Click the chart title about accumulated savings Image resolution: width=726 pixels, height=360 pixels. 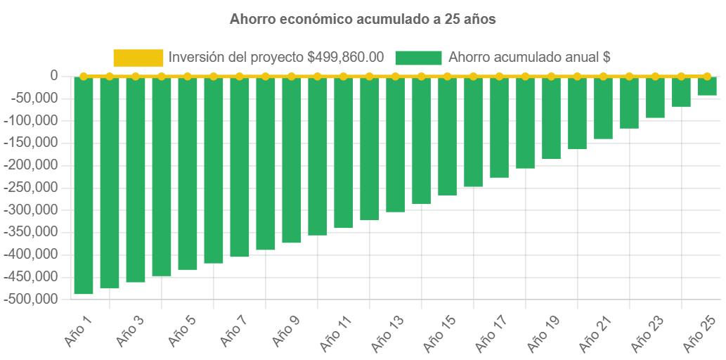[363, 20]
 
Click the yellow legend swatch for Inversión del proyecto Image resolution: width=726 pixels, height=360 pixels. [138, 58]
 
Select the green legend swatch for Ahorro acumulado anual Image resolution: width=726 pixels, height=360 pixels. [419, 58]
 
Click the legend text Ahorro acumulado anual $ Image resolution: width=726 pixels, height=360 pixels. [529, 58]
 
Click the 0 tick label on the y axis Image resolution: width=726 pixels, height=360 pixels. [53, 75]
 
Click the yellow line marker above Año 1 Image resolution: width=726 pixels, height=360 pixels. [84, 76]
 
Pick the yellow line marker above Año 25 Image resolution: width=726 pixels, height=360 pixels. [707, 76]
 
